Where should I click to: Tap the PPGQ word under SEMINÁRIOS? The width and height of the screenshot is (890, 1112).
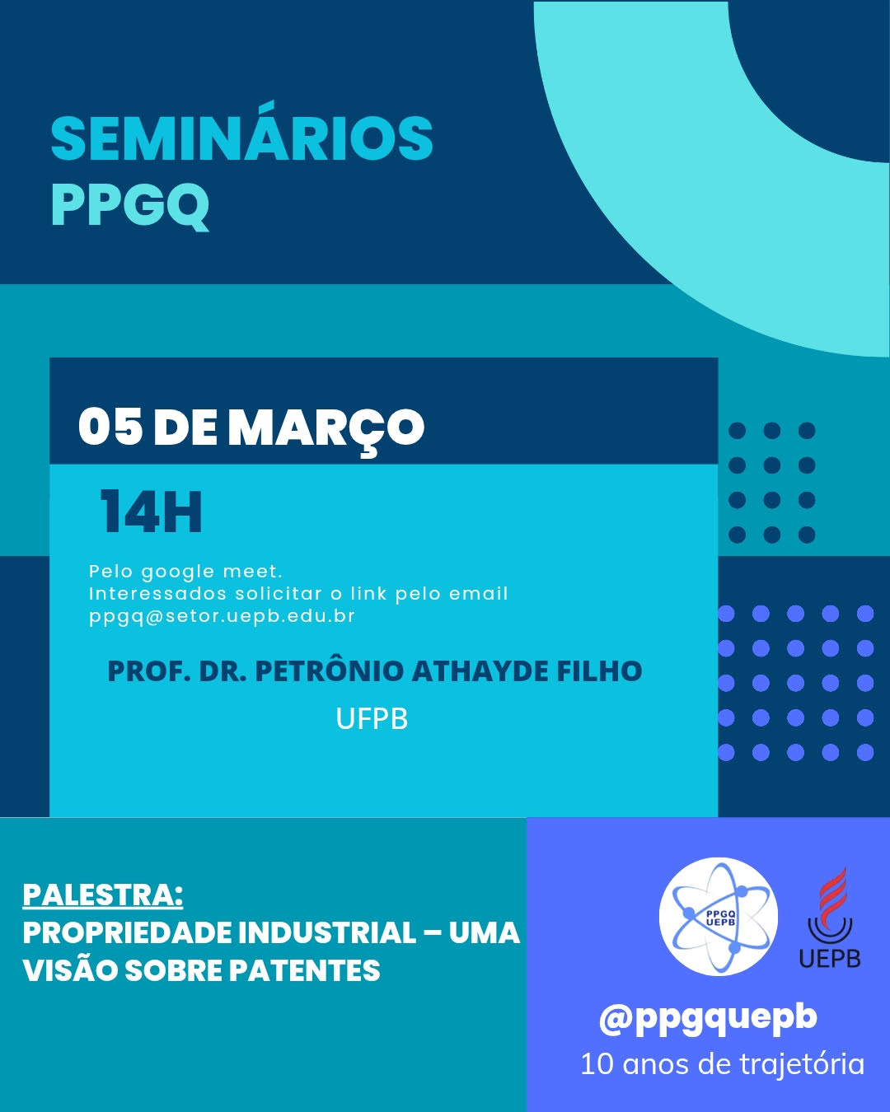point(130,206)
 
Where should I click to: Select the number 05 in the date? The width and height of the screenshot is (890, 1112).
point(110,428)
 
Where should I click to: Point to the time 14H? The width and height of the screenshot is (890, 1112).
point(151,512)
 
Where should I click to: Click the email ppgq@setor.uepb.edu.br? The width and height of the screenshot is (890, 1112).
point(222,616)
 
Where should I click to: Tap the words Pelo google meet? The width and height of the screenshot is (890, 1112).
point(185,572)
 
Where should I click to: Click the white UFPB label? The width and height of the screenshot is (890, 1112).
point(372,718)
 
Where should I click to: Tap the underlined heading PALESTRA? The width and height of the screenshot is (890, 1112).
point(103,895)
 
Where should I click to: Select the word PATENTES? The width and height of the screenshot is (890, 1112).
point(305,969)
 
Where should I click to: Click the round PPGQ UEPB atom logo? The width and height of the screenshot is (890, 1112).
point(719,917)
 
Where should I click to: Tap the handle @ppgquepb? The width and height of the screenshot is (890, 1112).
point(708,1018)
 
